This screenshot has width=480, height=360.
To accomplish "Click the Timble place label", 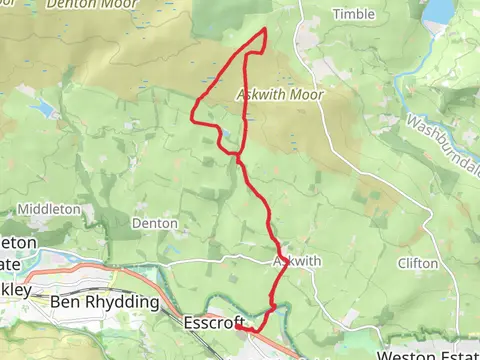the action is point(353,14).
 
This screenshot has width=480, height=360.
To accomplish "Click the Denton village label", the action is point(155,223).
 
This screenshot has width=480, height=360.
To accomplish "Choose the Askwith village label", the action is point(297,261).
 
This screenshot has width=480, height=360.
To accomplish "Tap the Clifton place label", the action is point(417,263).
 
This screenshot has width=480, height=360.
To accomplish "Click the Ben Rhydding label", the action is point(105,301).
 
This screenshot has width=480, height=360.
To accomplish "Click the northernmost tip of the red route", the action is point(264,29).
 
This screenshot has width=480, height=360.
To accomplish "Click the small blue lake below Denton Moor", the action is point(43,105).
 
